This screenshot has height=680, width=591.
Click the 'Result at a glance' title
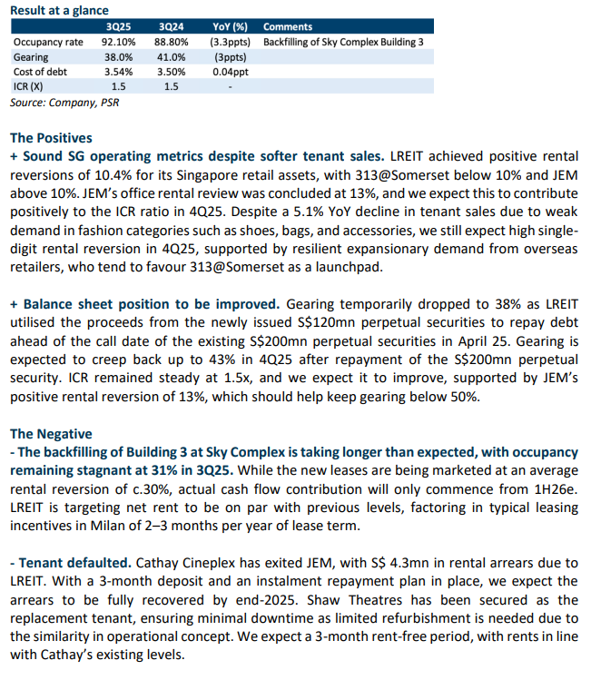59,10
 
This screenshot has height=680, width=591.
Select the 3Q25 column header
118,27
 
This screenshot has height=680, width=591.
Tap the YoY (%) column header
230,27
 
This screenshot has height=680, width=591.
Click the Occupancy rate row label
48,42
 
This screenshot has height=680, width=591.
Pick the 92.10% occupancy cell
118,42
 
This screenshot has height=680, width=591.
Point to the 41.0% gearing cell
171,57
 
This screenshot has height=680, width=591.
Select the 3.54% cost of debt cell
118,72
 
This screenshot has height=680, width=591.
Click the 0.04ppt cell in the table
231,72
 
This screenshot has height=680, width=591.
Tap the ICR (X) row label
28,87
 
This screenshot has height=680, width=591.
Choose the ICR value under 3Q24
171,87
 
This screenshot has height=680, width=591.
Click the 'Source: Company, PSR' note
64,103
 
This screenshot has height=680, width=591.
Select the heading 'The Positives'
51,138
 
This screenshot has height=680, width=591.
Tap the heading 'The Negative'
51,434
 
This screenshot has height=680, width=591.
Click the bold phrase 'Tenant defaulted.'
71,563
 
